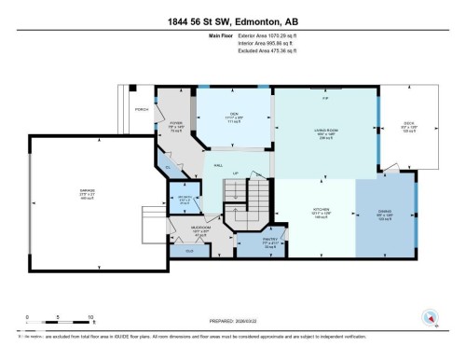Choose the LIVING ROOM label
click(x=323, y=128)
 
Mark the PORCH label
click(x=142, y=109)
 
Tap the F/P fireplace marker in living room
click(x=325, y=99)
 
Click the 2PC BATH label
click(x=185, y=198)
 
